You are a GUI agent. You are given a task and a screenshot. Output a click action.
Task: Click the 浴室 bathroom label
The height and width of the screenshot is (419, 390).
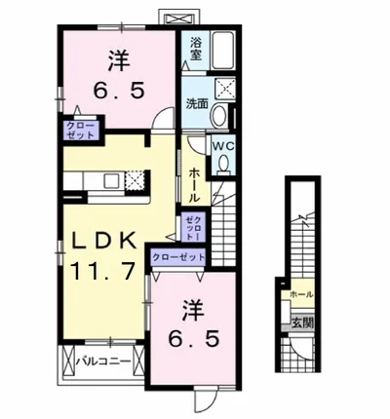pyautogui.click(x=195, y=49)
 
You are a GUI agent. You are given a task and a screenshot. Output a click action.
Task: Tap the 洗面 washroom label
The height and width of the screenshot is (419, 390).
pyautogui.click(x=197, y=105)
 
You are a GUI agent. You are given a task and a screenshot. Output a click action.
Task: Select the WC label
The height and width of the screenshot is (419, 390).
pyautogui.click(x=222, y=147)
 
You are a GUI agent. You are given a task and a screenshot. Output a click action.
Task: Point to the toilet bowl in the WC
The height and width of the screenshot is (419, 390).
pyautogui.click(x=223, y=167)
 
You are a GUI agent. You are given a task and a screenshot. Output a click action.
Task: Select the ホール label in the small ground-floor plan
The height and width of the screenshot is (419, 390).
pyautogui.click(x=300, y=294)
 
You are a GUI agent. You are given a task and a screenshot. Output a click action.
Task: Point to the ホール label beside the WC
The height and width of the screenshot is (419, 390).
pyautogui.click(x=195, y=182)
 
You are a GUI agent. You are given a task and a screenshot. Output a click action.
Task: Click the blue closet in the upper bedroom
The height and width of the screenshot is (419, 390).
pyautogui.click(x=80, y=132)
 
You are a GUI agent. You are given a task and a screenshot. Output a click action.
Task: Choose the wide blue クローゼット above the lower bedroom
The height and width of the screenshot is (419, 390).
pyautogui.click(x=178, y=256)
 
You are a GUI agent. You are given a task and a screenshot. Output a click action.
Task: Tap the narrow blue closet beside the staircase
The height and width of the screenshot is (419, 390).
pyautogui.click(x=191, y=228)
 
